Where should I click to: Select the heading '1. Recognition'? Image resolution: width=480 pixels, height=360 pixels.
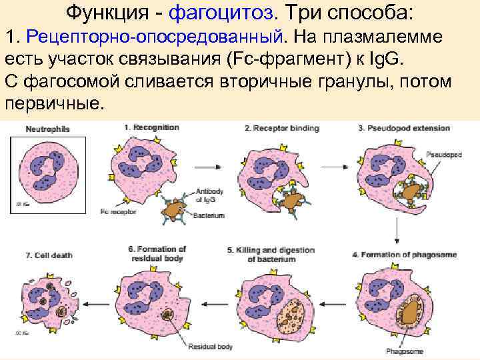pos(150,127)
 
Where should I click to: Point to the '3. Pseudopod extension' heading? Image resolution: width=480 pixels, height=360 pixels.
pos(404,127)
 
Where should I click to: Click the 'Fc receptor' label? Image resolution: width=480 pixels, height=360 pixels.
pos(117,212)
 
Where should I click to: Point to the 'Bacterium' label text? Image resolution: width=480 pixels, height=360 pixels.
pos(209,215)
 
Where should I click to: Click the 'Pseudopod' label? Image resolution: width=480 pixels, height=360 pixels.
pos(445,153)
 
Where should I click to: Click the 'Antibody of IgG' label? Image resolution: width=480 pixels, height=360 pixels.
pos(209,196)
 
